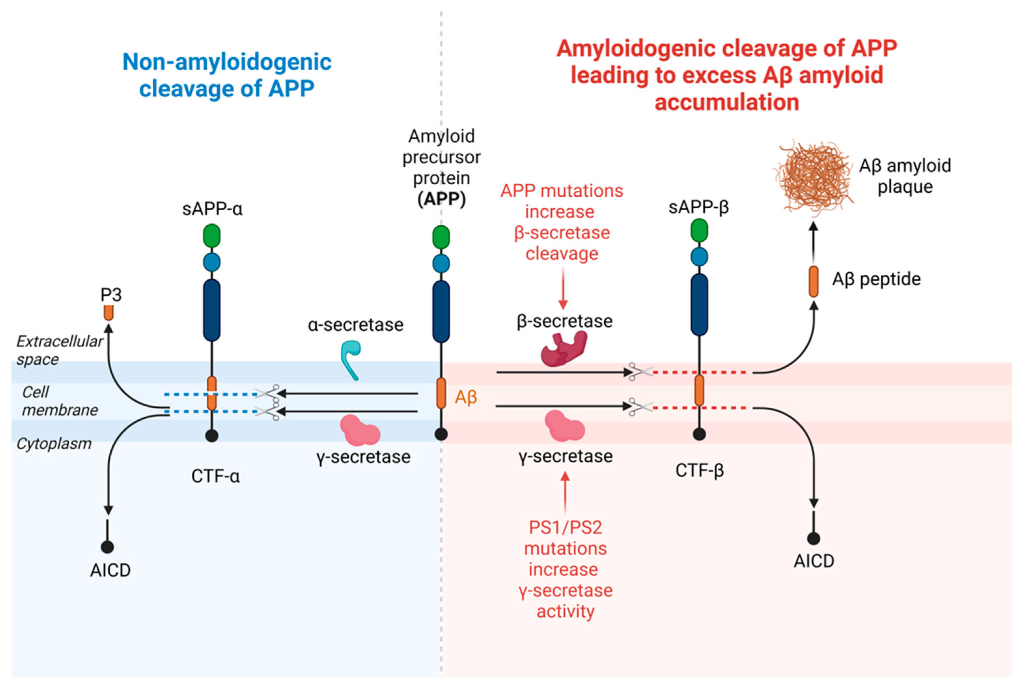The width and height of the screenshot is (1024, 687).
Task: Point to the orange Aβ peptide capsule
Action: (813, 281)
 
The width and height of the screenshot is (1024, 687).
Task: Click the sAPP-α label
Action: (213, 209)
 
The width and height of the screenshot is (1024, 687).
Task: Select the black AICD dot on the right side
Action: (814, 539)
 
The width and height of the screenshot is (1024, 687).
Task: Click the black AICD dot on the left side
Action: (107, 547)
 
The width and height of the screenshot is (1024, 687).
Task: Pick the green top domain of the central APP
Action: (441, 237)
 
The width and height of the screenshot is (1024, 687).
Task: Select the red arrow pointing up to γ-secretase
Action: (565, 493)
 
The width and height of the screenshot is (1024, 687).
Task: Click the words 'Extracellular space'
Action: (60, 350)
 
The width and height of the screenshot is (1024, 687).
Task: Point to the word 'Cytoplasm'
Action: (54, 444)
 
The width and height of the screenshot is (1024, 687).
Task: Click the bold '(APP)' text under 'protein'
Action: (441, 199)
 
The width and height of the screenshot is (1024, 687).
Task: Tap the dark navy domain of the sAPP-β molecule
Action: (699, 304)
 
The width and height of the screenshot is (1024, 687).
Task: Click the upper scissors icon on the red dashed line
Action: (640, 372)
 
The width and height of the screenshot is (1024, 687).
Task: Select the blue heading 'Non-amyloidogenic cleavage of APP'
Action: (227, 75)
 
